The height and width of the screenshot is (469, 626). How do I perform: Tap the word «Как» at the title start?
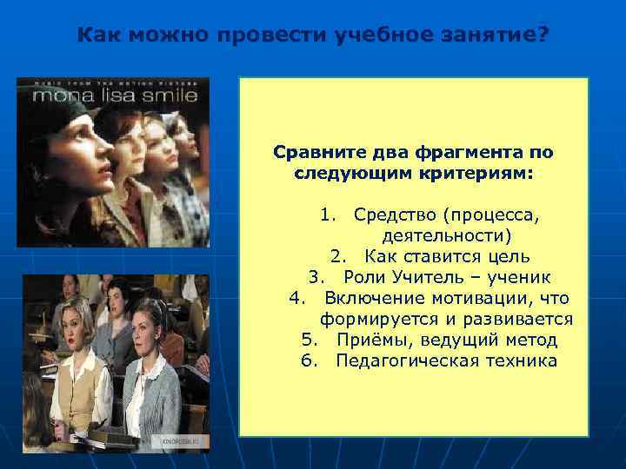tap(97, 36)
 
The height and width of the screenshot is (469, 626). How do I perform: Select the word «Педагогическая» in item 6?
tap(403, 360)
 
